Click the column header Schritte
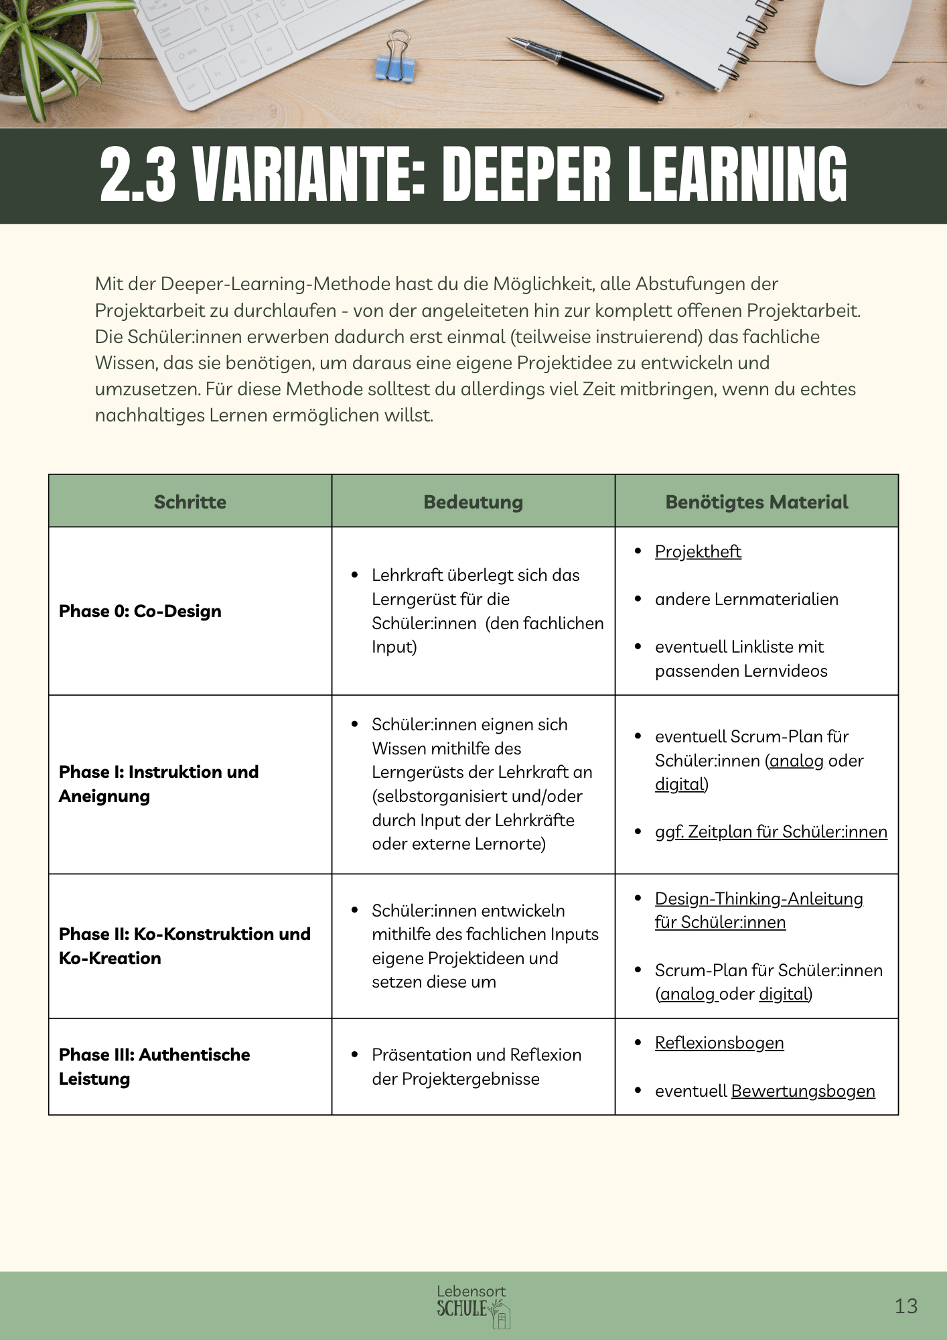point(190,502)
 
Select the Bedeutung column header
point(473,502)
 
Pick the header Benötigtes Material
point(756,502)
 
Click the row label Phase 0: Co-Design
point(140,611)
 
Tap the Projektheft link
point(698,551)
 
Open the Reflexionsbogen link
point(719,1043)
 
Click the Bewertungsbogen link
point(803,1091)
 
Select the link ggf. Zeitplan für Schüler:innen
point(771,831)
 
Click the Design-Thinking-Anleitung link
point(759,898)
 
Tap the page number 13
point(905,1306)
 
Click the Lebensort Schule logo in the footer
point(473,1305)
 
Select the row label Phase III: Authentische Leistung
point(154,1067)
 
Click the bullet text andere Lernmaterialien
point(746,599)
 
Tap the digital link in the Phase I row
point(680,784)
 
